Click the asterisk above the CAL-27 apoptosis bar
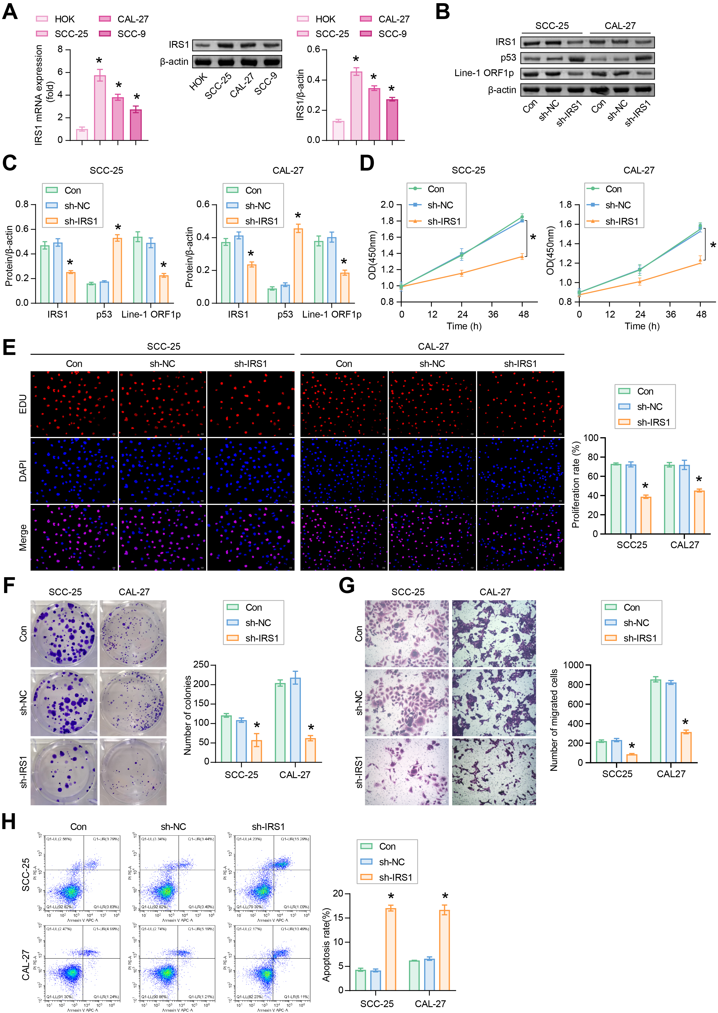pos(445,896)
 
